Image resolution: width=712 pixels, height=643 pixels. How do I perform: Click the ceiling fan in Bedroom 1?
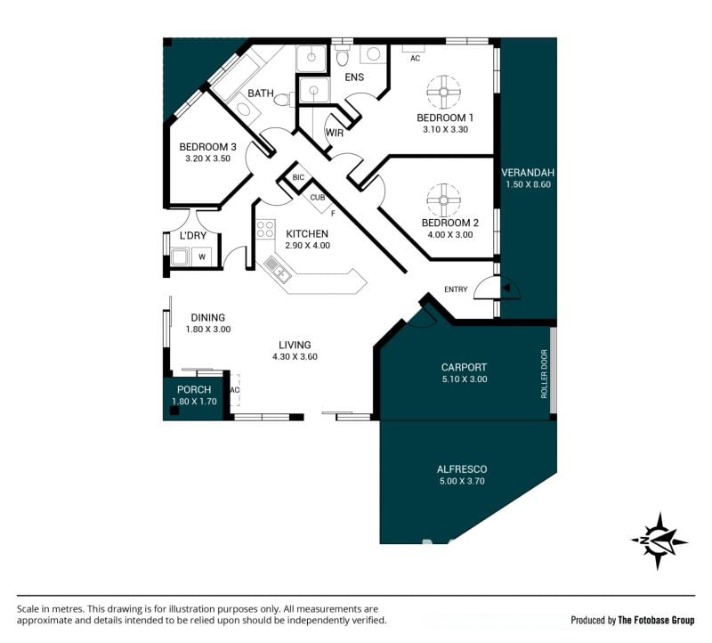coord(443,93)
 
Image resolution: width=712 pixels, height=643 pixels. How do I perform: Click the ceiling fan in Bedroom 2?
coord(443,200)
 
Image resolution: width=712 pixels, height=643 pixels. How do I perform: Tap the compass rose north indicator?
coord(659,541)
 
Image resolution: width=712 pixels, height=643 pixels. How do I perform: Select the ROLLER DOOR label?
coord(544,373)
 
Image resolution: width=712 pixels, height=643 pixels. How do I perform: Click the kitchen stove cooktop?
coord(265,229)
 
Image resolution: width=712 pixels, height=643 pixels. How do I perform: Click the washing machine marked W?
coord(202,256)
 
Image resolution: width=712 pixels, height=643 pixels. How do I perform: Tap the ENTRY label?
coord(456,289)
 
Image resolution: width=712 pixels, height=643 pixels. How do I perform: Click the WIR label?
coord(335,133)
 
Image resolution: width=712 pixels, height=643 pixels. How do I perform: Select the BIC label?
coord(298,177)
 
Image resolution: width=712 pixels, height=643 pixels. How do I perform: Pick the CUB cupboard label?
coord(318,198)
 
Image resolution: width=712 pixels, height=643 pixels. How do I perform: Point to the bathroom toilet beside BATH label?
coord(285,100)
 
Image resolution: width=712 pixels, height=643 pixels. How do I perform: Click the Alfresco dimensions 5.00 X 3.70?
coord(462,481)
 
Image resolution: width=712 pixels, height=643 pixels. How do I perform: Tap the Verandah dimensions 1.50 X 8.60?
coord(528,184)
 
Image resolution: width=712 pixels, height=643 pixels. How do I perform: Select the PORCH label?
coord(194,389)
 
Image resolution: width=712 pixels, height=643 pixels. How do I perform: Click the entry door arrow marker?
coord(506,288)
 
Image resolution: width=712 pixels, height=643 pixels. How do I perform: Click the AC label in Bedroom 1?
coord(415,58)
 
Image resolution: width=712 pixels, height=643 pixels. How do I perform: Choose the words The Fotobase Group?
coord(656,620)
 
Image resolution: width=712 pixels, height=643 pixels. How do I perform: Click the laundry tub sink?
coord(180,256)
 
